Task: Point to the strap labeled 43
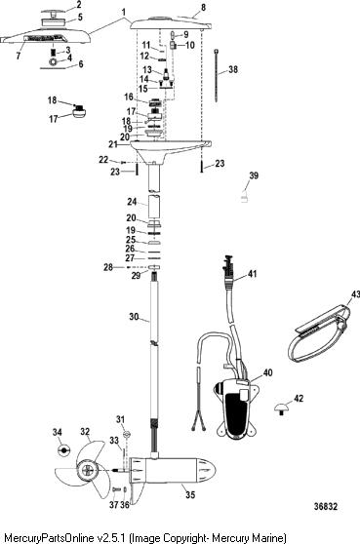[319, 332]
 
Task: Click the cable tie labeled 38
[217, 76]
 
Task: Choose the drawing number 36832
[325, 506]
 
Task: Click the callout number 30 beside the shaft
[134, 317]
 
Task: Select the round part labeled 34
[64, 450]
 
